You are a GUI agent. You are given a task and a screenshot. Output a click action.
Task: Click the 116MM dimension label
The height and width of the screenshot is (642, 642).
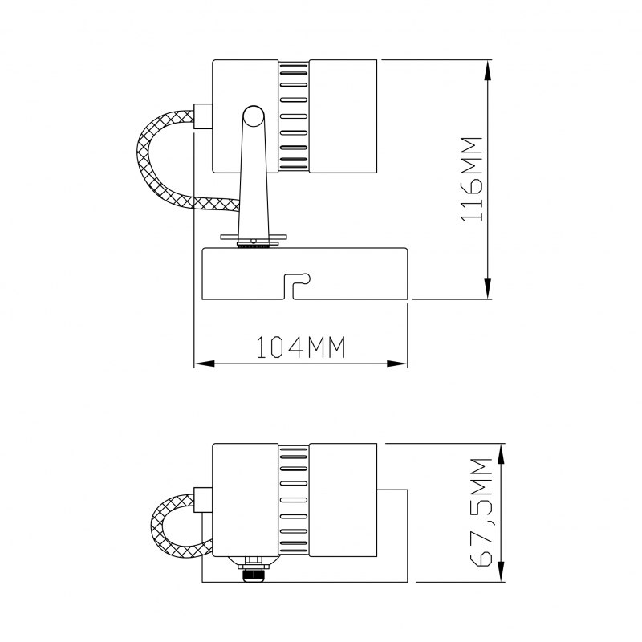coord(472,179)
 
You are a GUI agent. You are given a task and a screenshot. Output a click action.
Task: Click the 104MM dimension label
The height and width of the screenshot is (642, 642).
coord(300,347)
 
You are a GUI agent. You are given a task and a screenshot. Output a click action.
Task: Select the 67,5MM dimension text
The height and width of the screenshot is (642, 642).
coord(480,512)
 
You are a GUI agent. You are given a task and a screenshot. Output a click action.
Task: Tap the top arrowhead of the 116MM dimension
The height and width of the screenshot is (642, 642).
coord(487,70)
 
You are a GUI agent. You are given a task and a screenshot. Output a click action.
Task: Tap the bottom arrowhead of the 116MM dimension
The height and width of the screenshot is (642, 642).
coord(487,289)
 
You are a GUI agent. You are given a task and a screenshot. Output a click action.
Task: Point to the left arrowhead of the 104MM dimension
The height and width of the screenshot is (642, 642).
coord(205,364)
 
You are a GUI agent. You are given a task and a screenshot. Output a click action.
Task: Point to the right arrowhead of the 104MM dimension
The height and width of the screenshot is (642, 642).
coord(397,364)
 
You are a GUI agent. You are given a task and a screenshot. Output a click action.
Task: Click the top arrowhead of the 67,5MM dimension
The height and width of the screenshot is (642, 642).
coord(501,453)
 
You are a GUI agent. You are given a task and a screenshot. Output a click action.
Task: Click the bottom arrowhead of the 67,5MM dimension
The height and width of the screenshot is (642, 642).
coord(501,571)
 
